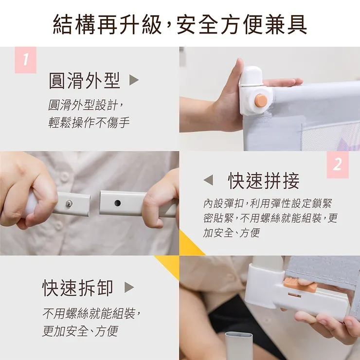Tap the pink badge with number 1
[25, 59]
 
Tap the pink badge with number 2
[337, 164]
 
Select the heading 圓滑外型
[84, 80]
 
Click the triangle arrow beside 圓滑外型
[134, 80]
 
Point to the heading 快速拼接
[264, 180]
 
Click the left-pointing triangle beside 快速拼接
[208, 180]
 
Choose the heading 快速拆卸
[77, 288]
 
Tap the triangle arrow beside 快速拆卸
[129, 288]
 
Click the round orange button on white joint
[261, 101]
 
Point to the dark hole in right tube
[117, 202]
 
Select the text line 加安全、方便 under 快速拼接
[231, 233]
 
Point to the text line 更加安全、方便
[80, 332]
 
